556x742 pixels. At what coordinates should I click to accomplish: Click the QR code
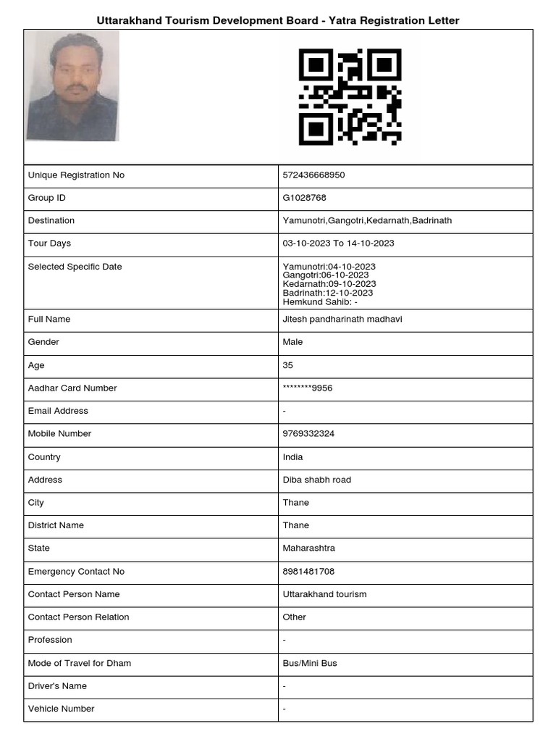click(x=350, y=96)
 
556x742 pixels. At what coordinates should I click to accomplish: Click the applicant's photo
click(x=72, y=86)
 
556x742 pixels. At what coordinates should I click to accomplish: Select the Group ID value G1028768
click(x=300, y=198)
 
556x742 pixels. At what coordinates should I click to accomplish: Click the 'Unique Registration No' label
click(x=76, y=175)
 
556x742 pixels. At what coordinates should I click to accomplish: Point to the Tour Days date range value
click(x=338, y=243)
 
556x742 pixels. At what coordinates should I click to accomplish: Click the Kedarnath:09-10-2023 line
click(x=329, y=284)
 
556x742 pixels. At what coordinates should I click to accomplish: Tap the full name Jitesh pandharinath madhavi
click(x=342, y=319)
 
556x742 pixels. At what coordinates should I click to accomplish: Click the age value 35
click(x=288, y=365)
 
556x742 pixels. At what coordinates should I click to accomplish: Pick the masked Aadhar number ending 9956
click(x=308, y=388)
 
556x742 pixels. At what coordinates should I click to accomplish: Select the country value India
click(x=293, y=457)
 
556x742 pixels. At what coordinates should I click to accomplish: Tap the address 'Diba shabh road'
click(x=316, y=480)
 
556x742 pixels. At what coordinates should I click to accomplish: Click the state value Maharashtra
click(x=308, y=549)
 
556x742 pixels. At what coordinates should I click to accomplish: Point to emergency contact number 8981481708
click(x=308, y=572)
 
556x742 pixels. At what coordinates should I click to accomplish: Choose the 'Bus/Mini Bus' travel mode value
click(x=310, y=663)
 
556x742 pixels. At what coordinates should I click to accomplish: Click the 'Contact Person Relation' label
click(x=78, y=617)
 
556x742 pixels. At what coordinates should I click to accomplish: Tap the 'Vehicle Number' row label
click(x=61, y=709)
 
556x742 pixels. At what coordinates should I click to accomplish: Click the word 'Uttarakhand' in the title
click(x=127, y=21)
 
